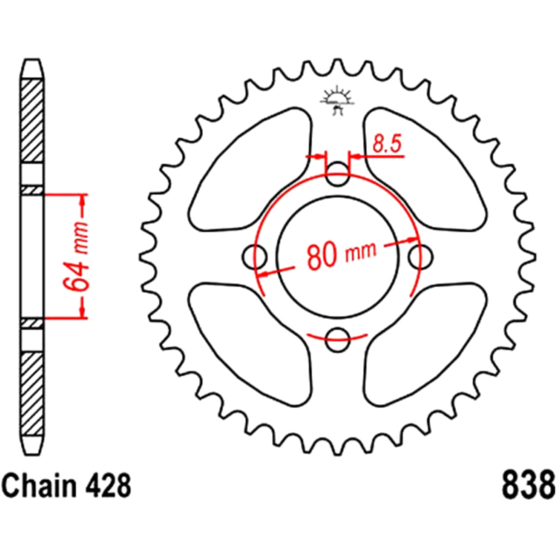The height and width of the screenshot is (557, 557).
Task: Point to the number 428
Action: [108, 486]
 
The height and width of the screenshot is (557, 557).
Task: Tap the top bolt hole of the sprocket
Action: [338, 174]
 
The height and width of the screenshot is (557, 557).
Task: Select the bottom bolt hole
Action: [338, 339]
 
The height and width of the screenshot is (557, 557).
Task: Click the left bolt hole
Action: [255, 256]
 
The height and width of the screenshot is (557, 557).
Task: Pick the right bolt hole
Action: [421, 256]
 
